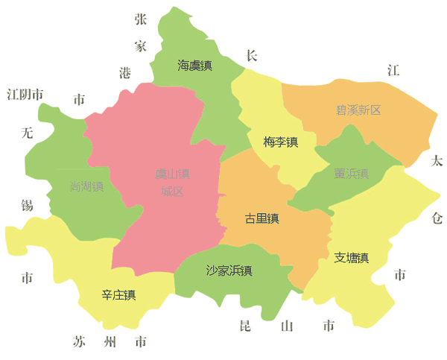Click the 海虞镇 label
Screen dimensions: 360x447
[x=194, y=66]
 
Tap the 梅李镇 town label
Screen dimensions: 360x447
[x=281, y=142]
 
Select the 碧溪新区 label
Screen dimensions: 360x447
[x=358, y=110]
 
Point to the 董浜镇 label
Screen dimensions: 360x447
[x=352, y=174]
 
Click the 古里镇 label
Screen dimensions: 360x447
[x=261, y=218]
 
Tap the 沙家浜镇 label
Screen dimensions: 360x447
[x=229, y=271]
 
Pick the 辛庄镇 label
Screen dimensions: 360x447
[x=118, y=295]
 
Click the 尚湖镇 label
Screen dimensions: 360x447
[x=86, y=186]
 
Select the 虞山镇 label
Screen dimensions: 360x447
[x=172, y=174]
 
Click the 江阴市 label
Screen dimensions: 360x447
[x=25, y=95]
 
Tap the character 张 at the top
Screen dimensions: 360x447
[x=141, y=19]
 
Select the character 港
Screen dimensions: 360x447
[x=125, y=72]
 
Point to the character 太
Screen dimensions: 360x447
[x=437, y=161]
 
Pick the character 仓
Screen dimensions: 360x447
[x=437, y=217]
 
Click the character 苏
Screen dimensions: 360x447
[x=80, y=343]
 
